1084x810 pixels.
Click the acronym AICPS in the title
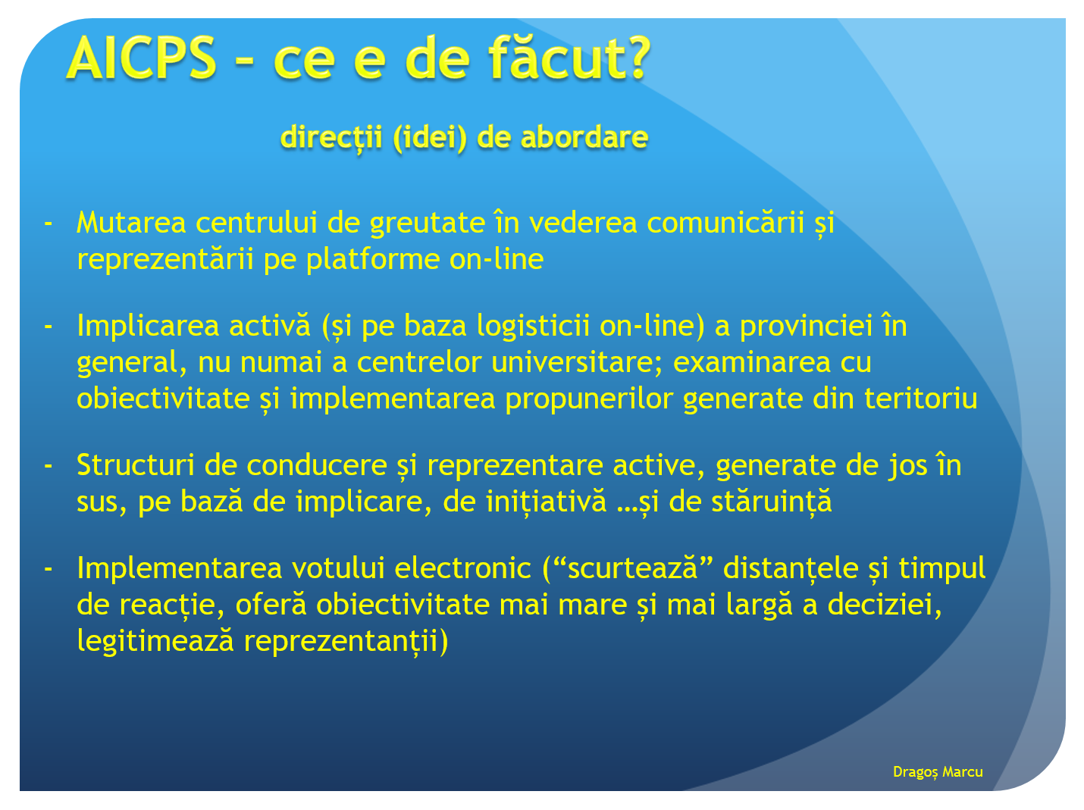tap(141, 58)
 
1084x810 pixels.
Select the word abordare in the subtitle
tap(584, 136)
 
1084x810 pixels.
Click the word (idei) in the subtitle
tap(430, 138)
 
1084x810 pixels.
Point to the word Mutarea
tap(131, 222)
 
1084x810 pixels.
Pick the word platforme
tap(372, 260)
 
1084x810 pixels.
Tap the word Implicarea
tap(148, 327)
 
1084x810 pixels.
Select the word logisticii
tap(533, 327)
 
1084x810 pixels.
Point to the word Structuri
tap(136, 465)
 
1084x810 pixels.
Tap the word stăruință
tap(772, 502)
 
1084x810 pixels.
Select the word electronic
tap(462, 568)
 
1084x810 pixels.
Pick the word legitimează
tap(155, 642)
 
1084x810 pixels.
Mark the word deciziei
tap(885, 605)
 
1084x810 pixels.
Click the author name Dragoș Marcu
tap(938, 772)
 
